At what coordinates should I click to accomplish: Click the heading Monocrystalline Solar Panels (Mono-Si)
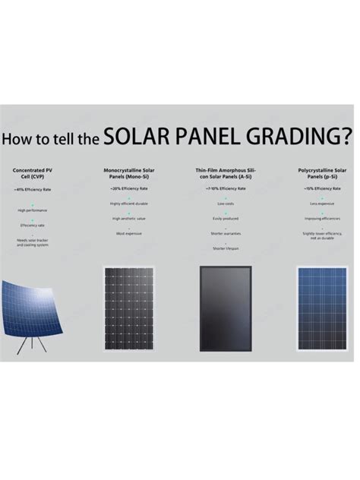pos(129,172)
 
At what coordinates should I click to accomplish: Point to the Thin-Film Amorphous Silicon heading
pos(226,172)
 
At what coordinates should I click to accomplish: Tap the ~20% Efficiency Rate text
pos(129,188)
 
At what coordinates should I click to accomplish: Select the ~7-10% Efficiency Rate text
pos(226,188)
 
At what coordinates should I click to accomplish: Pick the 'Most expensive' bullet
pos(129,234)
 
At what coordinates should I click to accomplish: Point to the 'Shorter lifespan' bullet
pos(226,248)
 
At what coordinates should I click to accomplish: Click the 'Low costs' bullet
pos(226,204)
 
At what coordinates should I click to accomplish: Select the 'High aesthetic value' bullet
pos(129,219)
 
